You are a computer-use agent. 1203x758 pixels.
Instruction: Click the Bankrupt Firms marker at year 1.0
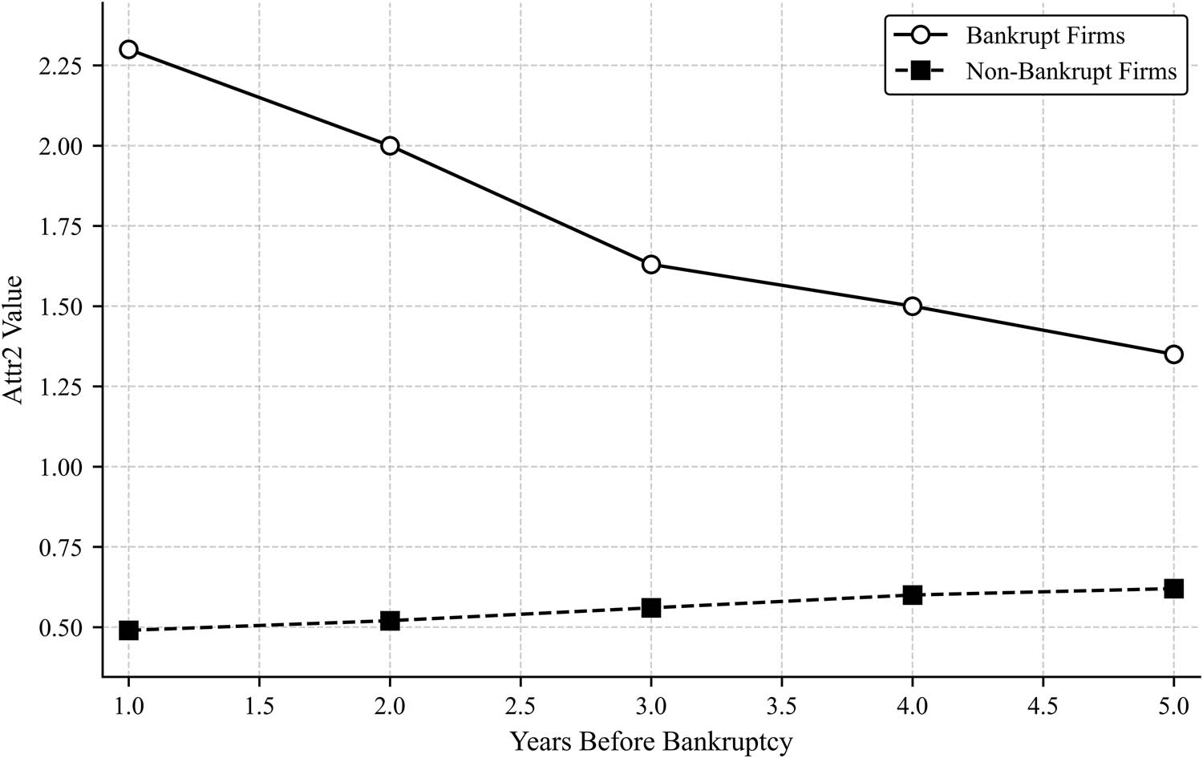128,50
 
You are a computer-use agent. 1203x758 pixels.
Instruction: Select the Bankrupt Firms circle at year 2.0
390,146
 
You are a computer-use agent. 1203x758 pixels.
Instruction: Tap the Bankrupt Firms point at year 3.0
651,265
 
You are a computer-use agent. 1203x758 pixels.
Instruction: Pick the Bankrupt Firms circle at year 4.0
912,306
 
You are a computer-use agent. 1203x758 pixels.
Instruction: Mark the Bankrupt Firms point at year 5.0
1173,355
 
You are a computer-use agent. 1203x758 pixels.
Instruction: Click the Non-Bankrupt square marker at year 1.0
128,630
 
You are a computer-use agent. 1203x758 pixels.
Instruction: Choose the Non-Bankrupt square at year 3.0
651,608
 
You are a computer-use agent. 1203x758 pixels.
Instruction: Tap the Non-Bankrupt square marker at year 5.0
1173,589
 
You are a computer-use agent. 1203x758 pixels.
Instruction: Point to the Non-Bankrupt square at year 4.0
912,595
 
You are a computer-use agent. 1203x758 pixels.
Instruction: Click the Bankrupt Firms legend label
1045,36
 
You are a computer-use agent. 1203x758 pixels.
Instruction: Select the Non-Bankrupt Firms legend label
1071,71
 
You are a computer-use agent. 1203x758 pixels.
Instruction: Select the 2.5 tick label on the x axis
520,706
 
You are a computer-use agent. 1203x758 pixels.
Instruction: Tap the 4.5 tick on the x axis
1043,706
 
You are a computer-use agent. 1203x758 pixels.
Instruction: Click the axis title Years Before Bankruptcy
650,740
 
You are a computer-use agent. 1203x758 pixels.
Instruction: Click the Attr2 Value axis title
14,351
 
